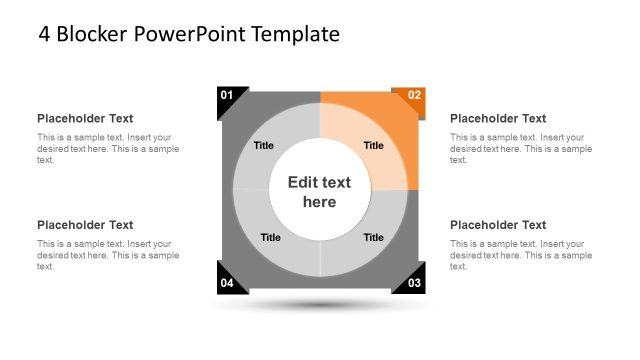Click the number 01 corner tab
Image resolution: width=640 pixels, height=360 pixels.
point(227,96)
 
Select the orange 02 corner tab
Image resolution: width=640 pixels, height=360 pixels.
point(413,97)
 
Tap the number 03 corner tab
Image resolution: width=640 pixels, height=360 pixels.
point(413,283)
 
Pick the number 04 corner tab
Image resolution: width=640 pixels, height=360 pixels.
point(227,283)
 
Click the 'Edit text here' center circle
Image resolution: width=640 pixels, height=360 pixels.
point(320,191)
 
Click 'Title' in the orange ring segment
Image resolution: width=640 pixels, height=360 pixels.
point(373,145)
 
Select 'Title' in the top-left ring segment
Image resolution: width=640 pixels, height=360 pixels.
point(263,145)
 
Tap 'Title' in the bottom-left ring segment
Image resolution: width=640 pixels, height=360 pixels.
point(270,237)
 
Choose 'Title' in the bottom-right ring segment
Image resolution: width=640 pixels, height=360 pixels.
point(373,237)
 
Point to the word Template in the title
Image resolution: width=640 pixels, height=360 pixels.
point(295,35)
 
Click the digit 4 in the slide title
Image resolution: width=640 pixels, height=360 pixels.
point(45,35)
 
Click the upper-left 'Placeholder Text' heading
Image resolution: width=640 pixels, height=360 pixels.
point(85,118)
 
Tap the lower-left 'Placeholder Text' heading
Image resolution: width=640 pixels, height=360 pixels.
point(85,225)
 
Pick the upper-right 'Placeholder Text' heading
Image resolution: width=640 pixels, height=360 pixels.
point(498,118)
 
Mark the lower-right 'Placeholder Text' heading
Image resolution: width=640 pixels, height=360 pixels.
point(498,225)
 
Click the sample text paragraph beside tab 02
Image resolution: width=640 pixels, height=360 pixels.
point(520,148)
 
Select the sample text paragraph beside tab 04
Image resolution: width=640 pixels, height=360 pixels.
point(108,255)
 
